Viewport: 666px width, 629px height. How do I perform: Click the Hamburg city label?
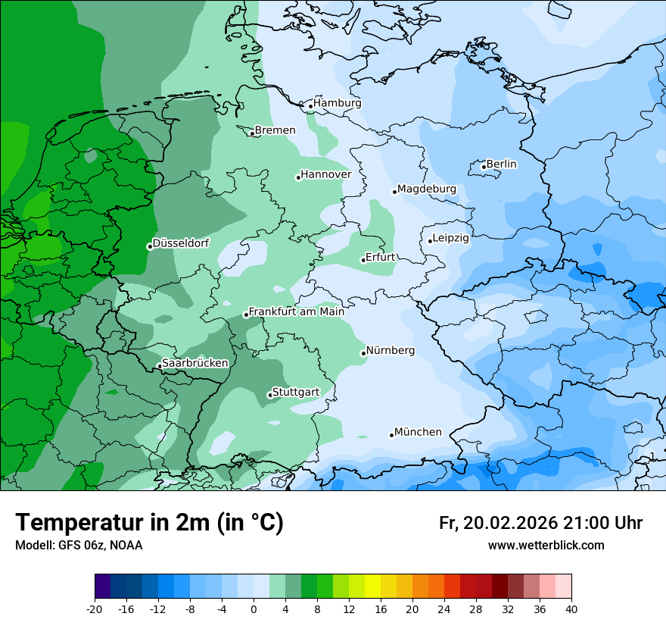[x=337, y=103]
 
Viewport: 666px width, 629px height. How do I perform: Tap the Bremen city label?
[x=275, y=130]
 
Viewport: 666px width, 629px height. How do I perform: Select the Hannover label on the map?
[x=325, y=175]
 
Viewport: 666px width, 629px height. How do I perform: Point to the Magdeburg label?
[x=426, y=189]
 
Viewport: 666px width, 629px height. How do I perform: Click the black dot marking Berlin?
[x=484, y=167]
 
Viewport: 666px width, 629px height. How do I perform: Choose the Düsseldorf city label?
[x=181, y=243]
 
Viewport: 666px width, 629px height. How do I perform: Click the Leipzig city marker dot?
[x=430, y=241]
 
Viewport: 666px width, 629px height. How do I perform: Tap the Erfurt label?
[x=380, y=258]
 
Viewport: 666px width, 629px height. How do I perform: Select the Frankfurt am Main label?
[x=296, y=311]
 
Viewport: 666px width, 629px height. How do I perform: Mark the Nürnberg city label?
[x=390, y=351]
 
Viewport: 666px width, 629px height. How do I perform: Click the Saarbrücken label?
[x=195, y=363]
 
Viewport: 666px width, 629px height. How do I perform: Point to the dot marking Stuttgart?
[x=269, y=395]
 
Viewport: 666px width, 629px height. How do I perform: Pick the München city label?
[x=418, y=432]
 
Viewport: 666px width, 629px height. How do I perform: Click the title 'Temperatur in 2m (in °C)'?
[x=150, y=523]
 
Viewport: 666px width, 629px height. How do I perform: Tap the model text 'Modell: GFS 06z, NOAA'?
[x=79, y=546]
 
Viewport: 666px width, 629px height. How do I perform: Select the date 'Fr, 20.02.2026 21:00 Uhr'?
[x=540, y=523]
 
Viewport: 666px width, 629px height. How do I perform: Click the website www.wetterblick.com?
[x=546, y=546]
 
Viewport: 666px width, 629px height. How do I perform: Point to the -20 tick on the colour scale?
[x=95, y=609]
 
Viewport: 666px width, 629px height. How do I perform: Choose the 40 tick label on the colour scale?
[x=571, y=609]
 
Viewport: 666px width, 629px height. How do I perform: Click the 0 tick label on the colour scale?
[x=254, y=609]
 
